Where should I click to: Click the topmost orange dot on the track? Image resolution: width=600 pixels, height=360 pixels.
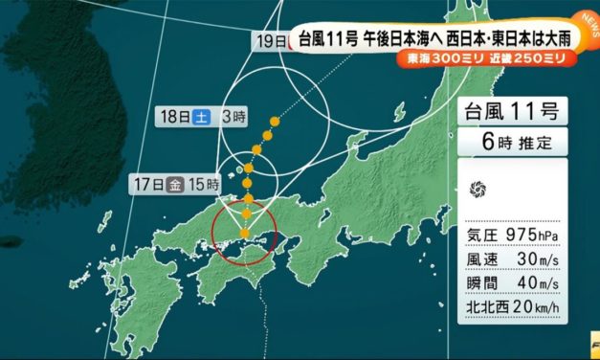tap(275, 121)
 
